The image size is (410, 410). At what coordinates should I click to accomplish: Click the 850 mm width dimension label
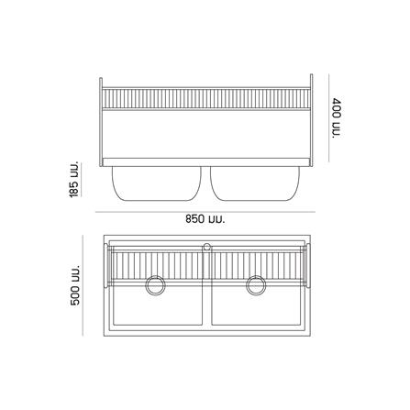point(205,219)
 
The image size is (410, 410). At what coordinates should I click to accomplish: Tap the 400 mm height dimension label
point(337,116)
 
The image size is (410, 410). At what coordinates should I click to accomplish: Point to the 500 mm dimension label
point(74,285)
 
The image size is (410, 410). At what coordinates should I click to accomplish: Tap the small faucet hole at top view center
point(206,246)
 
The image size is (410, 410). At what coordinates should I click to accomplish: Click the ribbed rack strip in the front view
point(205,97)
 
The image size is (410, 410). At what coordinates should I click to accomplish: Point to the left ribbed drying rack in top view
point(157,265)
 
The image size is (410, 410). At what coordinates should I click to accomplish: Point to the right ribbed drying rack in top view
point(257,265)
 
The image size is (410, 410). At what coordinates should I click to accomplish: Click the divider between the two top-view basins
point(206,303)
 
